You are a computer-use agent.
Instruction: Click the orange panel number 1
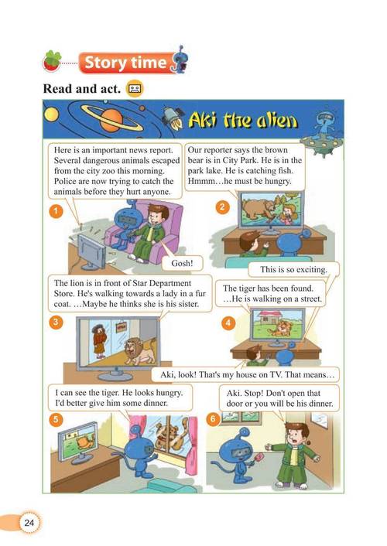[56, 211]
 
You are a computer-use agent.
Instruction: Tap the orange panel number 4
[228, 322]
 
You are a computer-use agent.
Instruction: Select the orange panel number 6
[213, 419]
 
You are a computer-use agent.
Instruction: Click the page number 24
[29, 522]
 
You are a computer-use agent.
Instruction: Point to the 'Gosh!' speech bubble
[182, 263]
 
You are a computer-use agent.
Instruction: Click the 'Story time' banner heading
[125, 63]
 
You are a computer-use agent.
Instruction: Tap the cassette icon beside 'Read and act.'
[135, 88]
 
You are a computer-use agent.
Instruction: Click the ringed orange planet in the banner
[111, 119]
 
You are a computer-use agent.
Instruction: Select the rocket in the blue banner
[173, 118]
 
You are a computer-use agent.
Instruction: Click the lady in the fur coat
[99, 341]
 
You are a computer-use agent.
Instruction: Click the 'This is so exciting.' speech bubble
[293, 269]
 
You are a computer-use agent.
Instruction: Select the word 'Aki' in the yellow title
[202, 120]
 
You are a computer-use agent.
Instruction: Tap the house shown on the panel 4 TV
[269, 318]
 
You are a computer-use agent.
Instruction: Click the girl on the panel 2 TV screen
[289, 213]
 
